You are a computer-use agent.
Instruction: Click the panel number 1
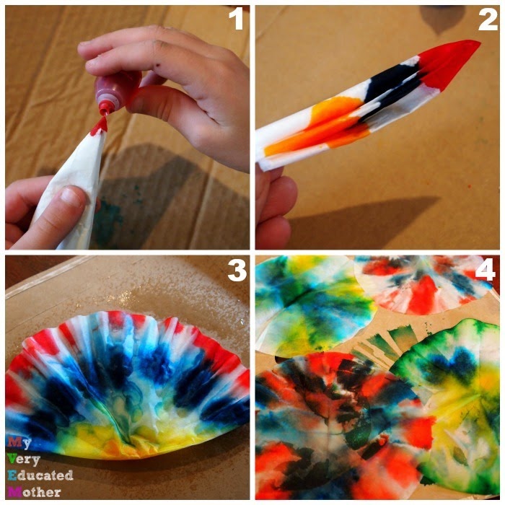pos(237,19)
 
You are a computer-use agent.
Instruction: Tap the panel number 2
pos(488,19)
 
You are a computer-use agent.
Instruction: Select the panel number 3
pos(237,270)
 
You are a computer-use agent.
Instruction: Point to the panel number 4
pos(486,270)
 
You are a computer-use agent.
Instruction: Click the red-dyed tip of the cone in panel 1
pos(100,127)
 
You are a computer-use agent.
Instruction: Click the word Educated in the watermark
pos(40,475)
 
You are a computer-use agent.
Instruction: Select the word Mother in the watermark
pos(35,492)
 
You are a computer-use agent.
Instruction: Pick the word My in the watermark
pos(19,443)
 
